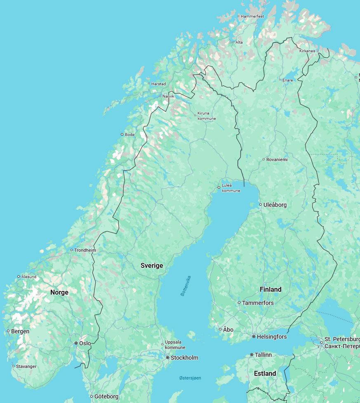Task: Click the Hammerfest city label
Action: [252, 16]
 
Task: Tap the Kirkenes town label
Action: [307, 51]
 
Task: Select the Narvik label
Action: [168, 96]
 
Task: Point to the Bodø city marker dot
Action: [122, 134]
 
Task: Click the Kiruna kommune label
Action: [206, 116]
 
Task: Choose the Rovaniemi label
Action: [277, 159]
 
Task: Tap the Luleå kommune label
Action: [231, 188]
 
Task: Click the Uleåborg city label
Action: [275, 205]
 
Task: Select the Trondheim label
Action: [85, 250]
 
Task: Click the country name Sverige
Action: [152, 266]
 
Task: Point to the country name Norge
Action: [59, 293]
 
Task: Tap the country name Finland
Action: [271, 290]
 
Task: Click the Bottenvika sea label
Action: [186, 286]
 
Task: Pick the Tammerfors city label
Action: [258, 303]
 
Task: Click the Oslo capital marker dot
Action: [76, 343]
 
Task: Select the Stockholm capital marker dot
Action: [167, 358]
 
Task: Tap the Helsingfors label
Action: [271, 337]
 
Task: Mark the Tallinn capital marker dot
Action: [252, 355]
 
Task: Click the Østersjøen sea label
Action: [190, 378]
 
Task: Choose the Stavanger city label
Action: [26, 366]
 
